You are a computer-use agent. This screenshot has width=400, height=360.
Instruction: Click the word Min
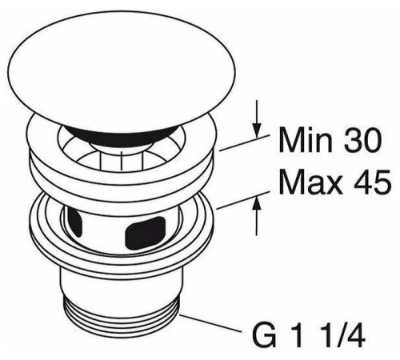305,140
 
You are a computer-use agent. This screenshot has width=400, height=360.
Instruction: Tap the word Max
310,183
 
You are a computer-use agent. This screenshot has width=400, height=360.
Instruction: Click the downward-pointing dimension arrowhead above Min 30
257,130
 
